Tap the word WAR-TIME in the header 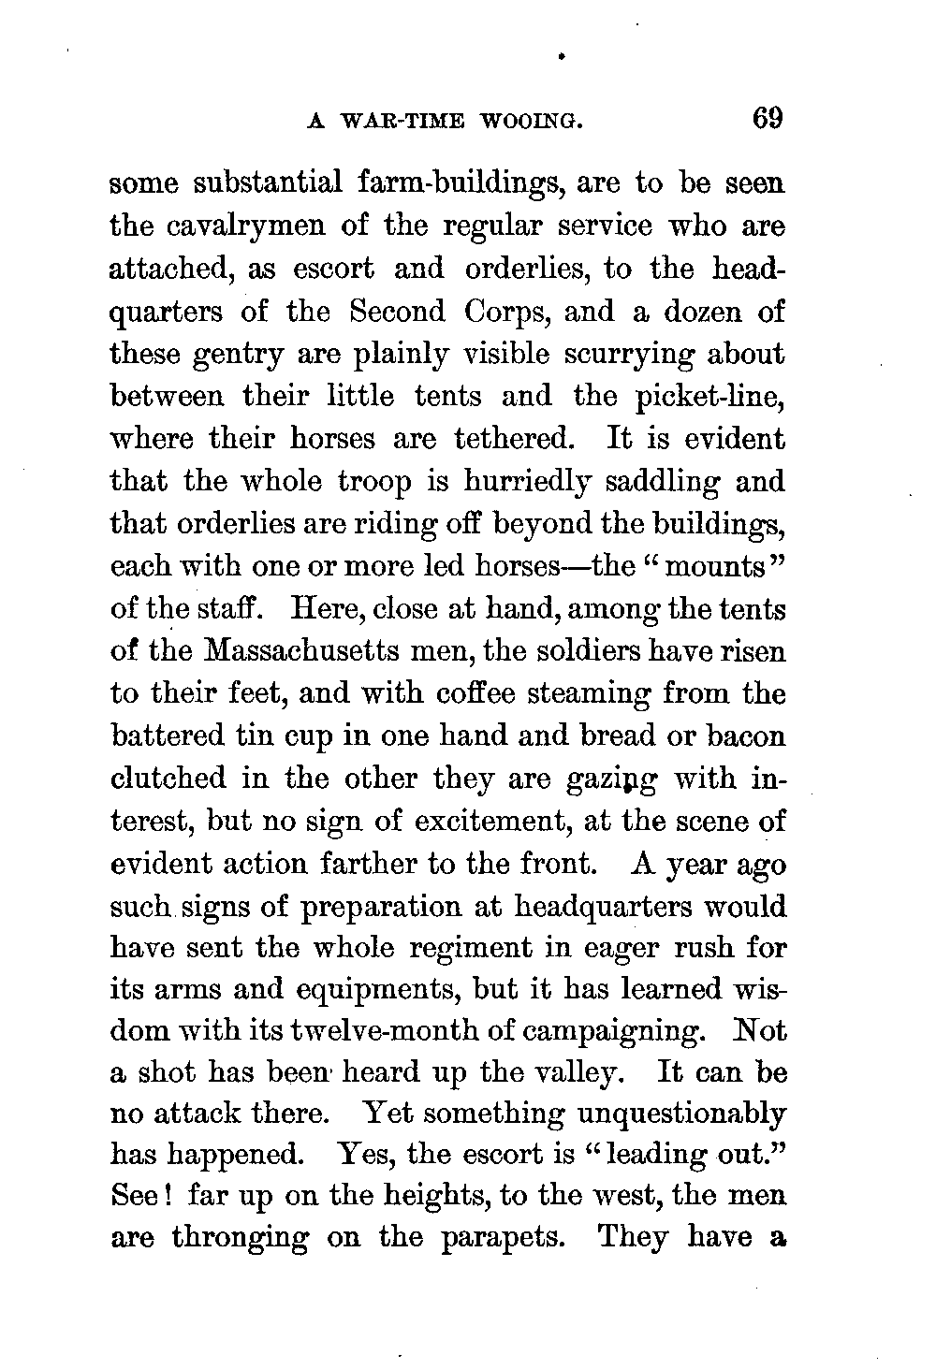pyautogui.click(x=399, y=123)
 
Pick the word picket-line pyautogui.click(x=712, y=397)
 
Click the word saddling pyautogui.click(x=658, y=482)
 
